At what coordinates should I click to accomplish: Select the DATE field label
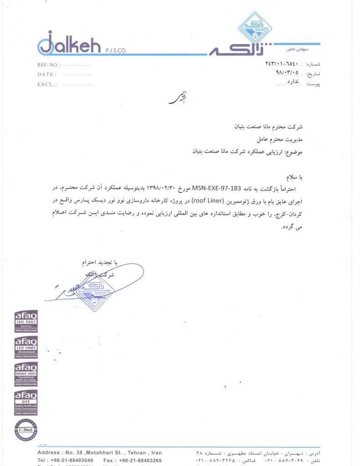47,74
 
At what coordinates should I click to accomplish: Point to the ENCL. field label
47,84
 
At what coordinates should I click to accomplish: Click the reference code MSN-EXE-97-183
216,187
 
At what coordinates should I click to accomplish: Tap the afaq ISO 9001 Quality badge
26,321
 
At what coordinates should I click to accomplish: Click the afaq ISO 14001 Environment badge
26,348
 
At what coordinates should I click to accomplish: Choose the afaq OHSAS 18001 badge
26,374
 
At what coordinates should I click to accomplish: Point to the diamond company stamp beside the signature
93,291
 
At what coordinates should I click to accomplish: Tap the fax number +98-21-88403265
140,460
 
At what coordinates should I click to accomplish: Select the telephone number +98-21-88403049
73,460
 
